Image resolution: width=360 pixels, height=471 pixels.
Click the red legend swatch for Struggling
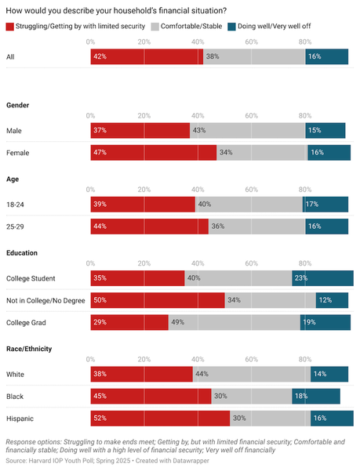point(9,27)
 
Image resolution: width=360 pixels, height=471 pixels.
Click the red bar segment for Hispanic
point(160,418)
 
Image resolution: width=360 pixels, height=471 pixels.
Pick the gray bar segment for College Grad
point(234,323)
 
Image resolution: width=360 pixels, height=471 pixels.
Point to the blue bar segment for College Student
point(322,278)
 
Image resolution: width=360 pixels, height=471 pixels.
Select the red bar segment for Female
point(154,153)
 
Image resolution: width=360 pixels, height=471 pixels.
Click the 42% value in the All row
point(100,57)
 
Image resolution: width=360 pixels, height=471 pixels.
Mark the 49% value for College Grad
point(178,323)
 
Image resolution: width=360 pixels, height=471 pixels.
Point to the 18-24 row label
point(16,205)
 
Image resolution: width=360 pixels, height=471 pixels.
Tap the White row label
point(16,375)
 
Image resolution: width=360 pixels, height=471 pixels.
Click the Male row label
point(15,131)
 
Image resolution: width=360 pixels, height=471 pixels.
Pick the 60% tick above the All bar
point(251,41)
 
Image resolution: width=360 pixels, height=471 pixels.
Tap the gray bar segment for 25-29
point(256,226)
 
